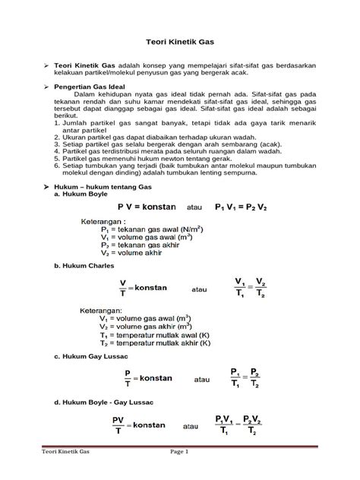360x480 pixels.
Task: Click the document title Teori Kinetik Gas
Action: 179,46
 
